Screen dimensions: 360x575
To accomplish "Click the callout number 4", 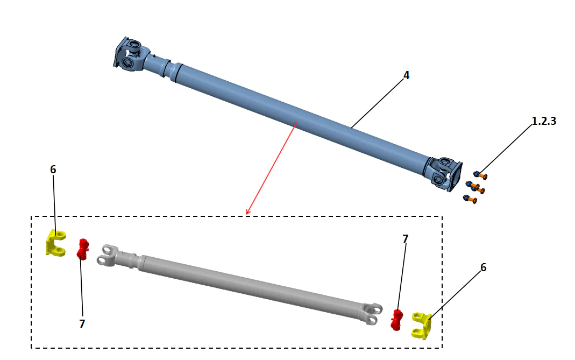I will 406,75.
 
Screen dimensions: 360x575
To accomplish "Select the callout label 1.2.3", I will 543,121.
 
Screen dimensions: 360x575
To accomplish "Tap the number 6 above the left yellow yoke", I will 53,170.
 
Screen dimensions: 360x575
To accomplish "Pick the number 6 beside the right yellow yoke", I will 483,267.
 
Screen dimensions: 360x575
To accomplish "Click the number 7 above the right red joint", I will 404,238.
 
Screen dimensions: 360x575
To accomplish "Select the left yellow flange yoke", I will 55,243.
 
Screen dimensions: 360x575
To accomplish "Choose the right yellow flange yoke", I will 422,325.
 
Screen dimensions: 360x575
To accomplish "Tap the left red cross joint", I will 82,248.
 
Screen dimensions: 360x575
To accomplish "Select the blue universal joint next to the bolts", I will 444,172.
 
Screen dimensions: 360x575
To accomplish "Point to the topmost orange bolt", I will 480,174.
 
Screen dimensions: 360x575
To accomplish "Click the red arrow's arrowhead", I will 247,213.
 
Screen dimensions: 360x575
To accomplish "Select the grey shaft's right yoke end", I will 372,313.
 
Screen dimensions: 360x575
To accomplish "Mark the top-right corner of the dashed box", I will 442,217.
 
